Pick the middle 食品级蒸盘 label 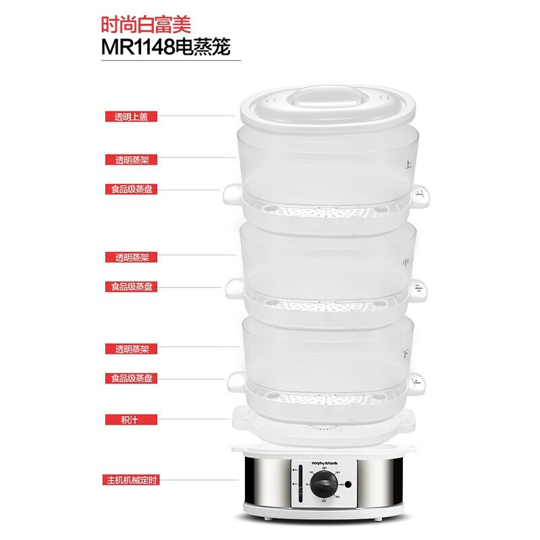(x=132, y=286)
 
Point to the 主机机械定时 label (x=132, y=480)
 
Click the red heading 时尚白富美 (x=145, y=26)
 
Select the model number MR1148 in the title (x=135, y=49)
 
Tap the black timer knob (x=325, y=485)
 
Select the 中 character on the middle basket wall (x=405, y=261)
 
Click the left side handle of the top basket (x=230, y=194)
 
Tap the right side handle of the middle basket (x=418, y=289)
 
